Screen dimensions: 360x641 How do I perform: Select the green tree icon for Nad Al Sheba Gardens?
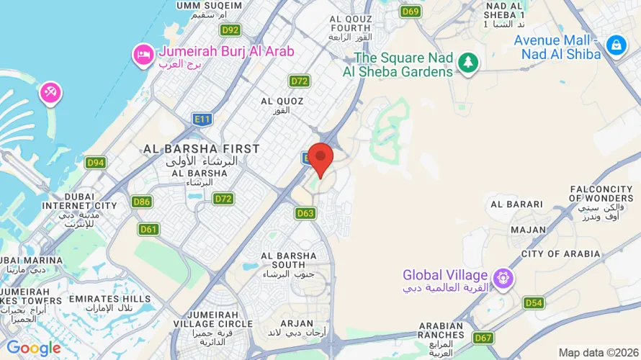click(469, 63)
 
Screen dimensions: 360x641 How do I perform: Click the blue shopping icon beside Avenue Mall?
click(615, 45)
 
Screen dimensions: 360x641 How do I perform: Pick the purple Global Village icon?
click(502, 276)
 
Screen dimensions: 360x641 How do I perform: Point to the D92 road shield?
click(230, 30)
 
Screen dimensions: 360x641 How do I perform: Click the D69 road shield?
click(411, 11)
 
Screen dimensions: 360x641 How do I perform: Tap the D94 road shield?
click(96, 163)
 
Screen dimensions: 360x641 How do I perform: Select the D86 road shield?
click(142, 202)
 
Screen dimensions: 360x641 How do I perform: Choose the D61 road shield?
click(149, 230)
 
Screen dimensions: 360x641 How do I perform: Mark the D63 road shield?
click(305, 213)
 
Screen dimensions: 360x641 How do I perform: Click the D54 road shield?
click(533, 303)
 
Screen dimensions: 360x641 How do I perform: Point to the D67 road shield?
click(483, 338)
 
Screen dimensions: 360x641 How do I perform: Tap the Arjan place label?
click(296, 324)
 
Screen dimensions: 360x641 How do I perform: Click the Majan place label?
click(528, 230)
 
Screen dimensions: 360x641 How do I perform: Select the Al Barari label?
click(516, 204)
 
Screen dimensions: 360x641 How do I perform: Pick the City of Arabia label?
click(560, 254)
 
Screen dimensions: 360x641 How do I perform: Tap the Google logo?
click(34, 348)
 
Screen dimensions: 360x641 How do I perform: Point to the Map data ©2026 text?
click(599, 353)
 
